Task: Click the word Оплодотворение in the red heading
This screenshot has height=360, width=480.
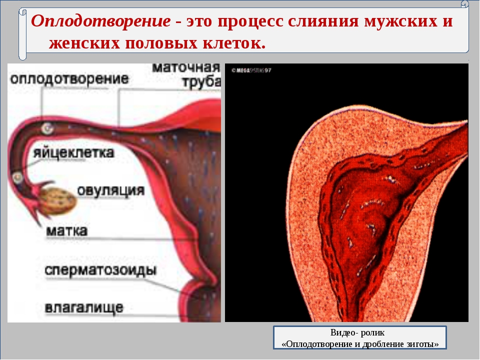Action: pos(100,21)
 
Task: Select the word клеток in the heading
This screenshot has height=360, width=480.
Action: pos(233,43)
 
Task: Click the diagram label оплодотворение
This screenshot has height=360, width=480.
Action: pos(69,78)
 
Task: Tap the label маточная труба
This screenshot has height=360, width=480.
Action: pos(186,75)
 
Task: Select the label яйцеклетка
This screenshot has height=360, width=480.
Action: pos(73,152)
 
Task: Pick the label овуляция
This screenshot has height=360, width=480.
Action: pos(111,190)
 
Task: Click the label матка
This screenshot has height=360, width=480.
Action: pos(66,230)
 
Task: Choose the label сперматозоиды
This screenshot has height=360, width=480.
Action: pos(100,270)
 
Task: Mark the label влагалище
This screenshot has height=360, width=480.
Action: pos(84,307)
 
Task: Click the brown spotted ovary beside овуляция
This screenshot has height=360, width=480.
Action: pos(58,200)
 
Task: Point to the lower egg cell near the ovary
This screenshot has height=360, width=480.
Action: pos(17,177)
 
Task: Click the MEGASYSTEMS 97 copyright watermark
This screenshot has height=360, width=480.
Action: pos(251,70)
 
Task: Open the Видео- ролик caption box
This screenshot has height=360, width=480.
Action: pos(359,337)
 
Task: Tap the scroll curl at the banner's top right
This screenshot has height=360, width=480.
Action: pos(464,4)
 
